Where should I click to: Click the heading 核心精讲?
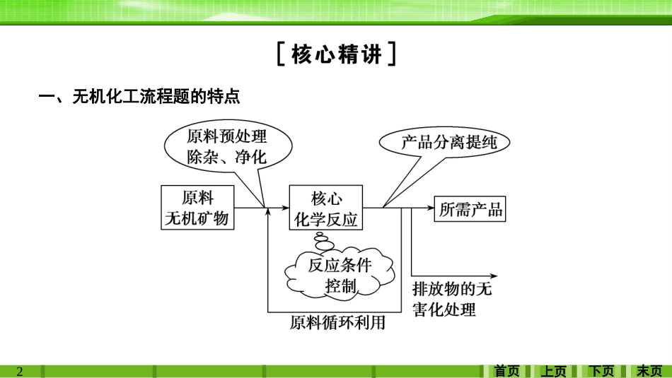point(337,55)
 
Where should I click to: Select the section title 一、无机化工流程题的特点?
point(139,97)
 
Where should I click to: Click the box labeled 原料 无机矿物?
point(197,208)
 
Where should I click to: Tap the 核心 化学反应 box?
point(326,208)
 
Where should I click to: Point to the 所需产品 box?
point(470,208)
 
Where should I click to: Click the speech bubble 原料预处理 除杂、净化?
point(226,146)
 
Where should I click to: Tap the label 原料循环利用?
point(337,323)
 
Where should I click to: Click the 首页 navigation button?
point(506,371)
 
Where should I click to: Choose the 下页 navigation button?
point(602,371)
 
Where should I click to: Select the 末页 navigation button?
point(649,371)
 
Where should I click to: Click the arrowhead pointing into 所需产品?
point(429,208)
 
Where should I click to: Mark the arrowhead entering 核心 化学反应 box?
point(285,208)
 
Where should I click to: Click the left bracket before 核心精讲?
point(281,55)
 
